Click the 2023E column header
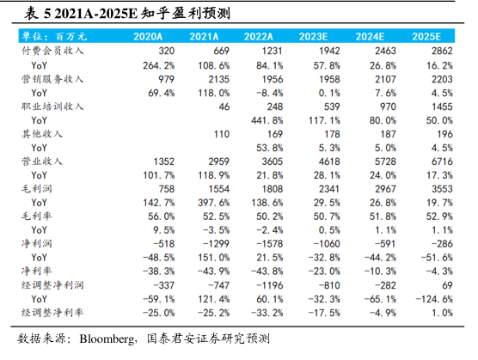pyautogui.click(x=313, y=37)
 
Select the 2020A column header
pyautogui.click(x=148, y=37)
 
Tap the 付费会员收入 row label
pyautogui.click(x=52, y=51)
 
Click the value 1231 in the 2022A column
pyautogui.click(x=272, y=51)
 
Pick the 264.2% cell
pyautogui.click(x=159, y=65)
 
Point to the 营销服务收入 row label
pyautogui.click(x=52, y=79)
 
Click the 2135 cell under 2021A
pyautogui.click(x=218, y=79)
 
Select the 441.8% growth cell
pyautogui.click(x=267, y=120)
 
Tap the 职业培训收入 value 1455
pyautogui.click(x=442, y=107)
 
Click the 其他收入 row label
pyautogui.click(x=42, y=134)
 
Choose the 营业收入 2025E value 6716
pyautogui.click(x=442, y=162)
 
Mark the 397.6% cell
pyautogui.click(x=214, y=203)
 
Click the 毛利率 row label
pyautogui.click(x=37, y=217)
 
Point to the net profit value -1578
pyautogui.click(x=269, y=244)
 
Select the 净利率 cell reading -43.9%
pyautogui.click(x=213, y=271)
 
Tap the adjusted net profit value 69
pyautogui.click(x=447, y=285)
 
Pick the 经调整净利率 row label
pyautogui.click(x=52, y=313)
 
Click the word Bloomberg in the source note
pyautogui.click(x=107, y=339)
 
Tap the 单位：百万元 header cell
pyautogui.click(x=54, y=37)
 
